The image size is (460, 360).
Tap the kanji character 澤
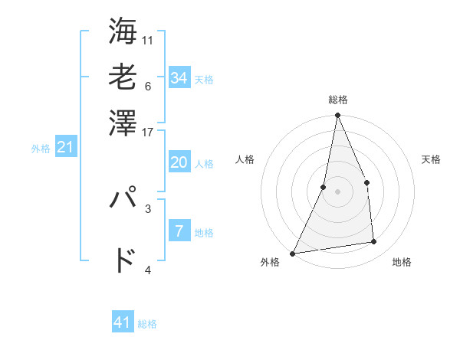click(x=123, y=123)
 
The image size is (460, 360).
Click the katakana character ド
click(x=123, y=260)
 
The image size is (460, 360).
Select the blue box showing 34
click(x=179, y=77)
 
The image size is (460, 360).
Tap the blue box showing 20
click(x=179, y=162)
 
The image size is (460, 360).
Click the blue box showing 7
click(x=179, y=231)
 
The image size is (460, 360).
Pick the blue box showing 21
click(x=65, y=147)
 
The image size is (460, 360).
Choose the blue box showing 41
click(x=123, y=322)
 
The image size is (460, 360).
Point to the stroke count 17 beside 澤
click(x=147, y=132)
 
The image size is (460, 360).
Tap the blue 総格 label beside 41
click(x=147, y=324)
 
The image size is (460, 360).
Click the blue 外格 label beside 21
click(x=40, y=149)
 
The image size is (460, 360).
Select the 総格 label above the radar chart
click(x=337, y=100)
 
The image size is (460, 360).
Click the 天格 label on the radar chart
click(x=431, y=159)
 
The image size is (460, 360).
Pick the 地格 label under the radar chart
click(x=402, y=262)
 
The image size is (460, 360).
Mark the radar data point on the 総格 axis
click(x=337, y=116)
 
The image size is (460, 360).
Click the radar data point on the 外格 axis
click(x=293, y=254)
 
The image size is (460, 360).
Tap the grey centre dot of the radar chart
click(x=337, y=191)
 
